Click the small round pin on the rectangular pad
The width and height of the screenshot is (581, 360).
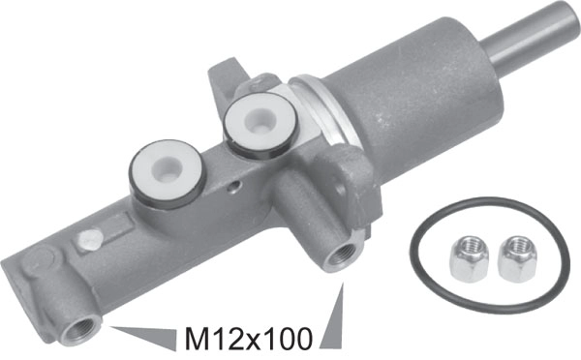coord(89,234)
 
